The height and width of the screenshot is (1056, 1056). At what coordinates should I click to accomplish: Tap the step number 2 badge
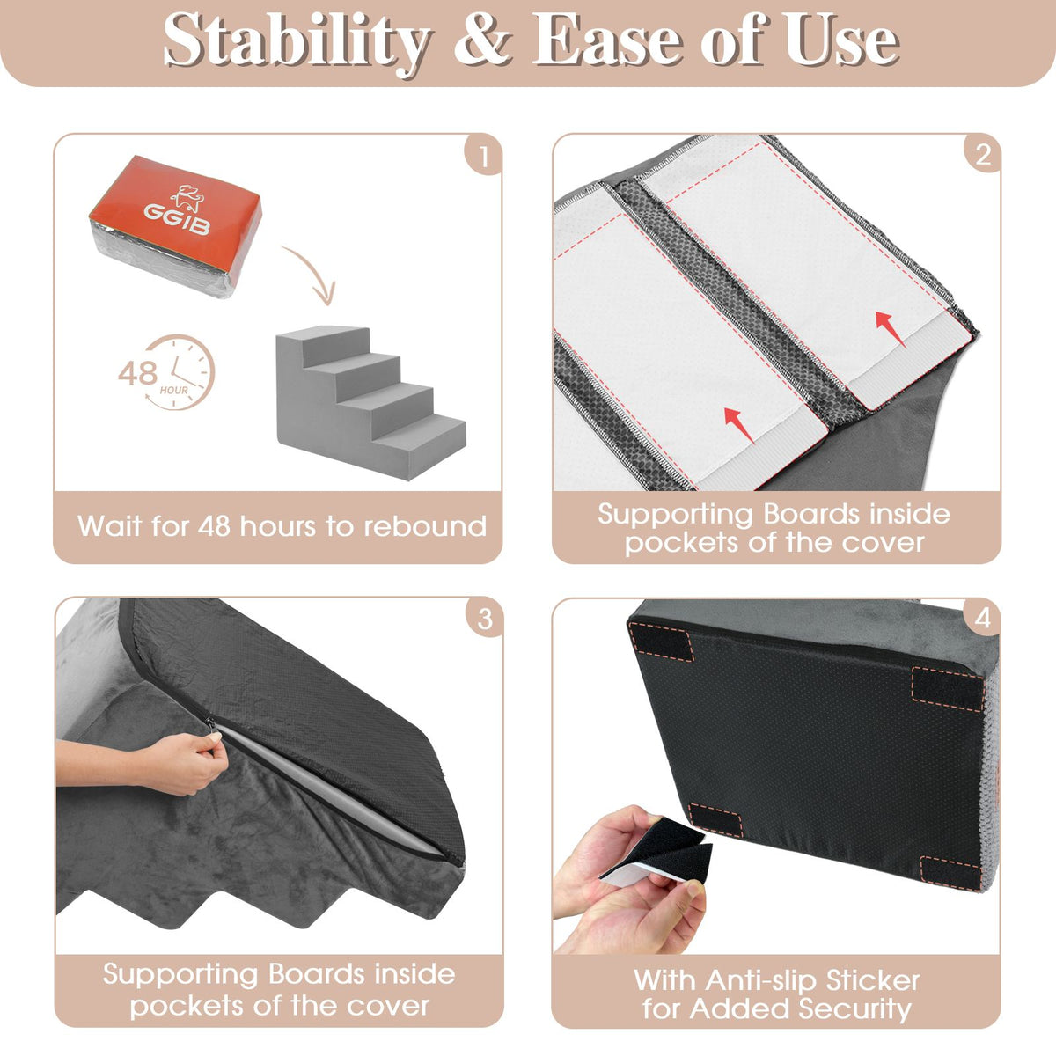tap(982, 155)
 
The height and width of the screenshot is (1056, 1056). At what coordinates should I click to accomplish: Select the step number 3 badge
tap(484, 618)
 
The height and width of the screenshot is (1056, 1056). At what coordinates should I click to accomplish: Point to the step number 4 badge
tap(982, 618)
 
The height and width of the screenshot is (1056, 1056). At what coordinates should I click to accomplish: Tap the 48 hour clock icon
tap(166, 372)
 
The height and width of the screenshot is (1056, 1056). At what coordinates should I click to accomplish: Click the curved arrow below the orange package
tap(310, 274)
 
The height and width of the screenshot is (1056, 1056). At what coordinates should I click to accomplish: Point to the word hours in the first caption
tap(277, 526)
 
